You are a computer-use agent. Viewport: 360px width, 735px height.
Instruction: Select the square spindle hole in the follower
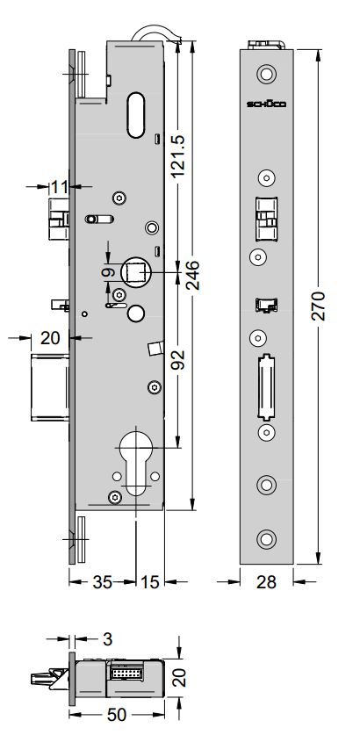pyautogui.click(x=136, y=273)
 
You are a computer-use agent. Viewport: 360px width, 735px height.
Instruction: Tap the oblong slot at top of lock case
pyautogui.click(x=135, y=114)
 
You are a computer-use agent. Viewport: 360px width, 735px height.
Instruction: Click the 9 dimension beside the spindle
pyautogui.click(x=107, y=274)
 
